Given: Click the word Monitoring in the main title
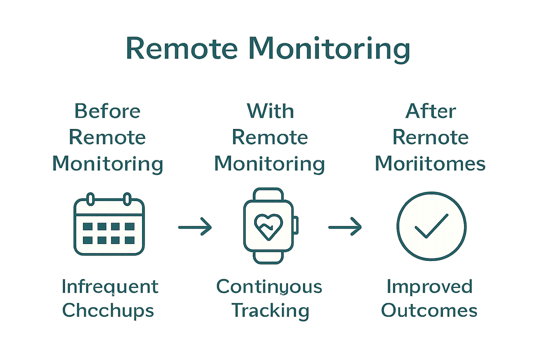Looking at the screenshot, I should click(329, 49).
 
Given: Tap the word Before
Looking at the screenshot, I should click(108, 111).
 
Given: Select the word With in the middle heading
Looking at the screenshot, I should click(270, 111).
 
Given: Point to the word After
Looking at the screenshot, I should click(431, 111).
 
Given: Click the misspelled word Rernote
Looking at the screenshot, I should click(431, 137).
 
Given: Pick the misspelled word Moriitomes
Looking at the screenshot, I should click(430, 164).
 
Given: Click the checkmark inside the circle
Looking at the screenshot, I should click(431, 226).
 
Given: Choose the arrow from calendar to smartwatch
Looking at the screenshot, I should click(195, 227).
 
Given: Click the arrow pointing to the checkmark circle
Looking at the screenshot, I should click(345, 227).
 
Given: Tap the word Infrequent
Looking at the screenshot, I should click(110, 287).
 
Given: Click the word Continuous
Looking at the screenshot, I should click(269, 287).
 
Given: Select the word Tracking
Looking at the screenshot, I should click(270, 311).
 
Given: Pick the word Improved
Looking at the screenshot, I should click(429, 287).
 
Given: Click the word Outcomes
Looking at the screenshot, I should click(429, 311).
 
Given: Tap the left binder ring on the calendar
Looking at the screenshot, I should click(91, 199).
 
